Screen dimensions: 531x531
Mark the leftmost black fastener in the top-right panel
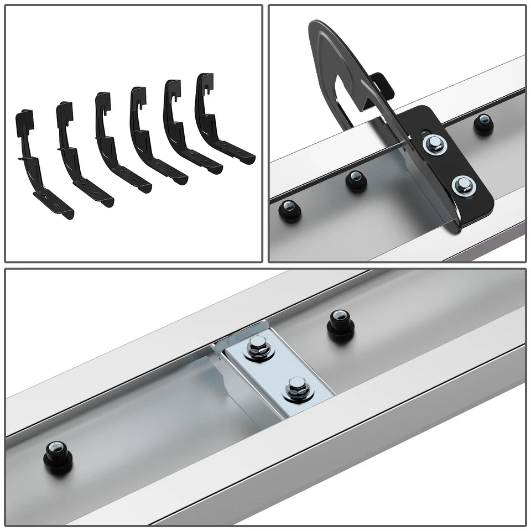pos(290,210)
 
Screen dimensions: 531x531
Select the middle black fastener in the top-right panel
pos(356,180)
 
